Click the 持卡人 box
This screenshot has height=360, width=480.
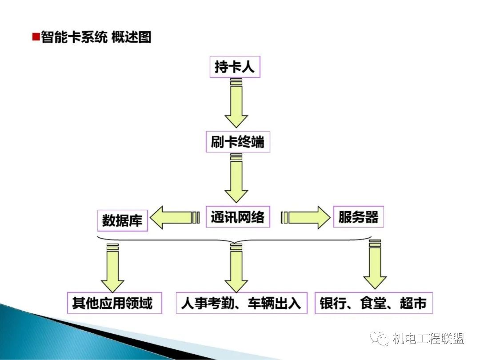pos(235,67)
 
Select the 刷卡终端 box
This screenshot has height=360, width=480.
pos(238,142)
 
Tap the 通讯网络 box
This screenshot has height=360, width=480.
pos(238,217)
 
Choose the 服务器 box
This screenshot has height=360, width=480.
pos(358,217)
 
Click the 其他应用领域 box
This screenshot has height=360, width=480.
pos(114,303)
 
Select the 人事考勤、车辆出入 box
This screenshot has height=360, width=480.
pos(241,303)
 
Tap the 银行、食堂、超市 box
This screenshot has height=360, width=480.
pos(373,303)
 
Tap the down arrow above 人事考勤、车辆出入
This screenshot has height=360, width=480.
pos(236,268)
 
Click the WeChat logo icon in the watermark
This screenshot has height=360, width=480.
pos(381,339)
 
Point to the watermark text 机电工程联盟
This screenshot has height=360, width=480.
pos(428,339)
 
